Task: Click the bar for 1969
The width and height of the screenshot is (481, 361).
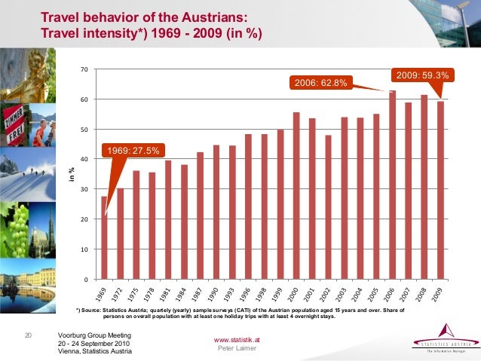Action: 104,237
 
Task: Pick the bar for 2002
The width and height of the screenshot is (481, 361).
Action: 328,207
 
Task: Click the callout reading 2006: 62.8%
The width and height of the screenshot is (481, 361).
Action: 320,82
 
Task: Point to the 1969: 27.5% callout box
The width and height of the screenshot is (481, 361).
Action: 132,151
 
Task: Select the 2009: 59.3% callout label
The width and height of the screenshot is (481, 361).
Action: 421,75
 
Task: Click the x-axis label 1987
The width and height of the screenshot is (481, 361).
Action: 198,295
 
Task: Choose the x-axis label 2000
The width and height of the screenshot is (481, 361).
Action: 294,295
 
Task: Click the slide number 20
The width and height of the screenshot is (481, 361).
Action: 29,335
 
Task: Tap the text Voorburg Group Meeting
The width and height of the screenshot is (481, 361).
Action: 94,335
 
